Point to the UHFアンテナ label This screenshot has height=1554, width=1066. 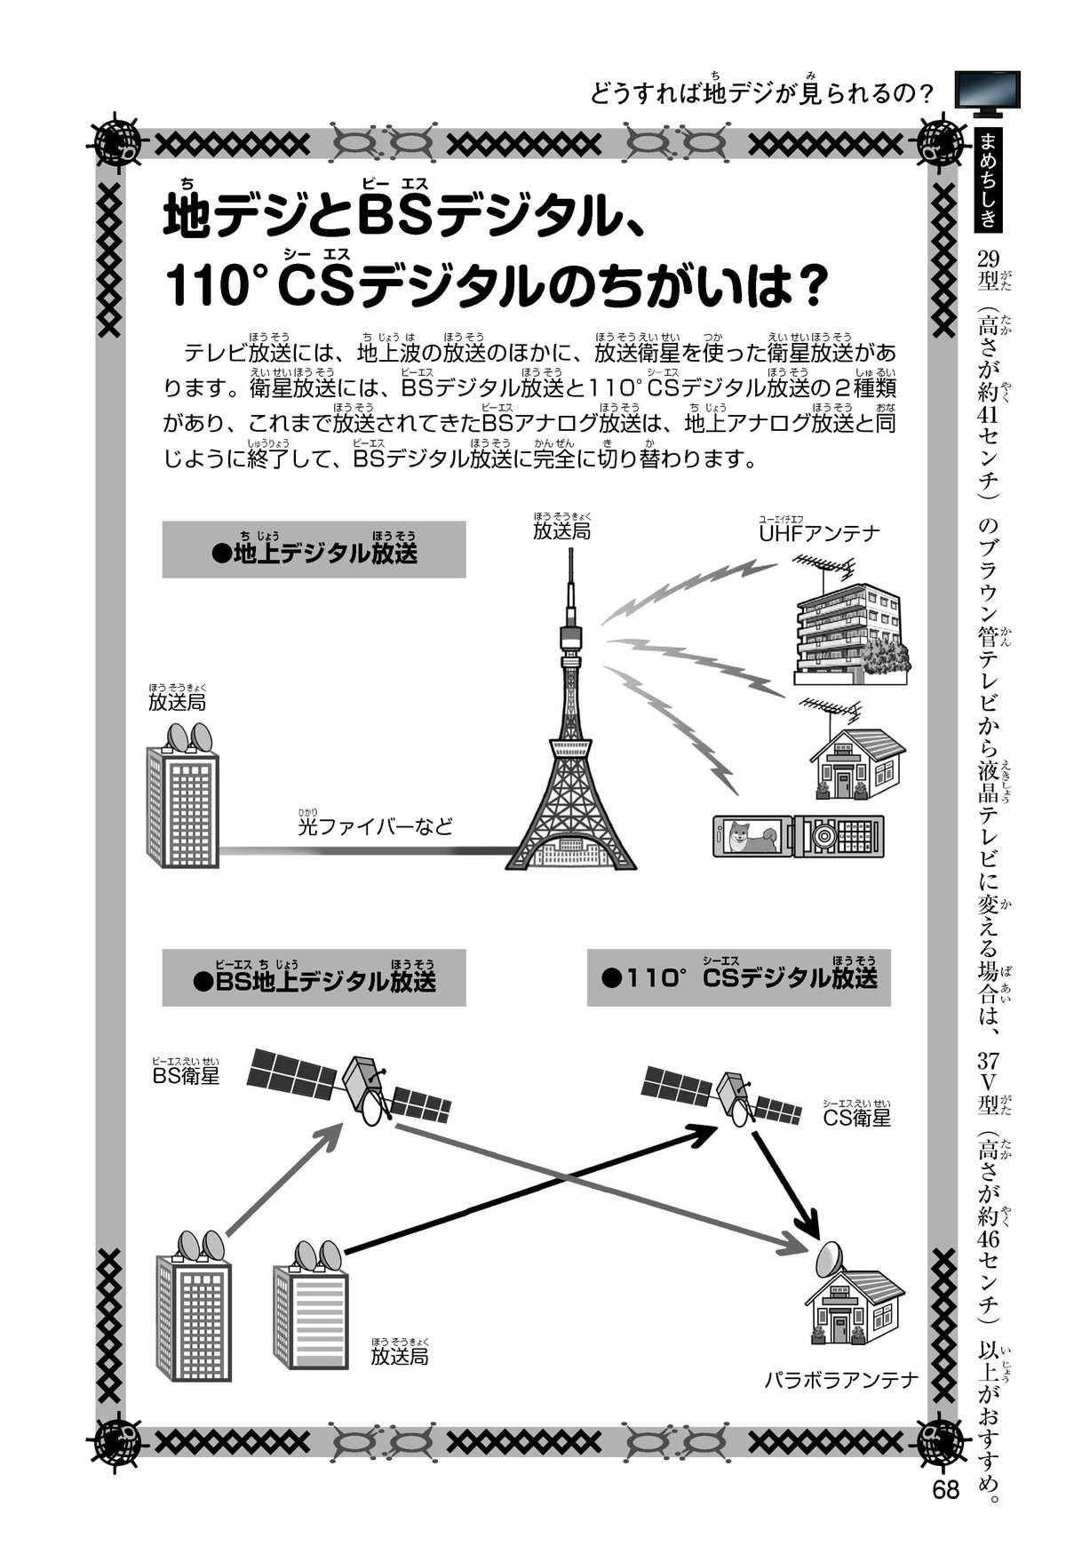point(818,533)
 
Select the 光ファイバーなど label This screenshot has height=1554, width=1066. point(375,827)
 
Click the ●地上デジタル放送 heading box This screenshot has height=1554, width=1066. point(314,551)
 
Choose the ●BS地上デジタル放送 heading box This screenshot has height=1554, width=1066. point(314,979)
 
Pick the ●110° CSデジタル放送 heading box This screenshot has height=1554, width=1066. point(738,978)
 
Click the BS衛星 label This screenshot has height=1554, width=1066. point(186,1076)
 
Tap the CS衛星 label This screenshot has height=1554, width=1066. point(856,1117)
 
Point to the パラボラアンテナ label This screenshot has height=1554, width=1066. point(839,1380)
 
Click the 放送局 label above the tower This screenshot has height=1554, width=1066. point(561,531)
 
